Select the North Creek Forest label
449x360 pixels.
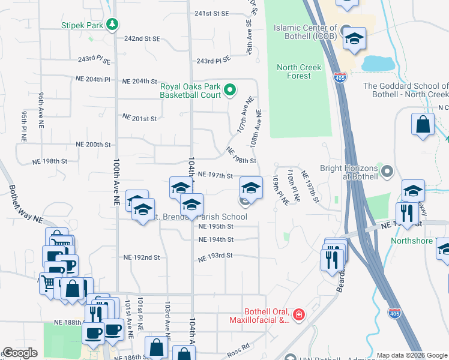coord(302,71)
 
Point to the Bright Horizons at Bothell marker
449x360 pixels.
coord(388,172)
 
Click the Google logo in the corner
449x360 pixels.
coord(20,353)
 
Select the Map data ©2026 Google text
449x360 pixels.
coord(412,355)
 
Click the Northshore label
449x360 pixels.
coord(411,240)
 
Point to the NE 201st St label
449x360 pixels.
coord(139,118)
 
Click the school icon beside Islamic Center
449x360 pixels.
coord(354,40)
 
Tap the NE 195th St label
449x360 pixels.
coord(215,226)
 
